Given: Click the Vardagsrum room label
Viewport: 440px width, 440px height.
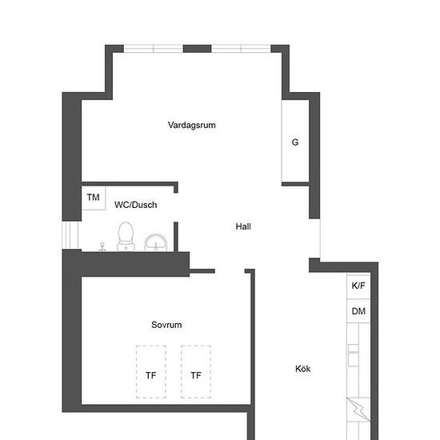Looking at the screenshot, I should pos(192,125).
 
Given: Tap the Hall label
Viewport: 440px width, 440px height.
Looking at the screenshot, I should pos(243,226).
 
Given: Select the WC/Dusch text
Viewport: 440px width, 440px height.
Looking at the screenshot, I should pos(135,205).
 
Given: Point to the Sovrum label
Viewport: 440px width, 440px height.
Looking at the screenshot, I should pos(166,325).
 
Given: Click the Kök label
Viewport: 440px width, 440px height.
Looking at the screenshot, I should pos(302,369).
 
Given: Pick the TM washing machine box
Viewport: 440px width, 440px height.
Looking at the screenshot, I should pos(94,198).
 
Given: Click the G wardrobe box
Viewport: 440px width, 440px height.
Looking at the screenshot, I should pos(295,142).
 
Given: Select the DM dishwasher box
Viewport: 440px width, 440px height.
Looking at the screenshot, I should pos(358,311).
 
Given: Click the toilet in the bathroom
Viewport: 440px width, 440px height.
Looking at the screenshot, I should pos(125,236).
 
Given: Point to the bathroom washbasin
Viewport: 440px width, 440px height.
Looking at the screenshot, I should pos(156,242).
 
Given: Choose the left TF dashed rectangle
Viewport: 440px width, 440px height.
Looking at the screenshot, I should pos(151,371).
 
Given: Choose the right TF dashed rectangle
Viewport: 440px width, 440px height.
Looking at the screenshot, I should pos(196,371).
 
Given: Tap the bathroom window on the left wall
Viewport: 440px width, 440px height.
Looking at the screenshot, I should pos(71,235).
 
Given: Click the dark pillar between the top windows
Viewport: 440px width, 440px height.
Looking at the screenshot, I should pos(197,48).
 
